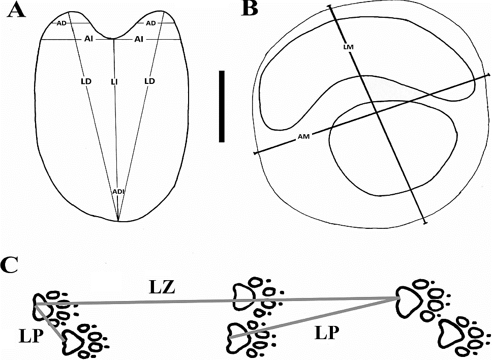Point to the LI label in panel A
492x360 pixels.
point(115,81)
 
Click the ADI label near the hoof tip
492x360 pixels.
point(118,191)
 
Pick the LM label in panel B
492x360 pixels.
point(348,47)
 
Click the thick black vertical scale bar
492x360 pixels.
point(222,106)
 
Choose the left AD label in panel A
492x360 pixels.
point(61,23)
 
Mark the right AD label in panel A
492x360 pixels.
point(150,23)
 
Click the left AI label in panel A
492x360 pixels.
point(89,39)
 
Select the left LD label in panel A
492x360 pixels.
point(85,81)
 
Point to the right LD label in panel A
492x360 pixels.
point(149,81)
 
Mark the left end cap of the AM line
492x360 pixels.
point(255,153)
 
